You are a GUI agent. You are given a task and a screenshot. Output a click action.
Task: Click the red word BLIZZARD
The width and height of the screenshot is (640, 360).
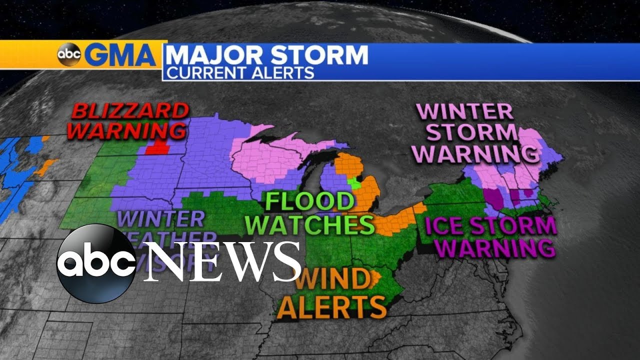coord(130,111)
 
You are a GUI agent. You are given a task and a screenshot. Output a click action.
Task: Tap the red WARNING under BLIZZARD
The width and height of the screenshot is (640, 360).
coord(126,130)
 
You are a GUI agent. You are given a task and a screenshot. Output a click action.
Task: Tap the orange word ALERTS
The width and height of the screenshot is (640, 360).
coord(332,304)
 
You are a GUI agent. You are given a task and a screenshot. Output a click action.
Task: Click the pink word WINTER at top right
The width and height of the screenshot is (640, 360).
coord(465,111)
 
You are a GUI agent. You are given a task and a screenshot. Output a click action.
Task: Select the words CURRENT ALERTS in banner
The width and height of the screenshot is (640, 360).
coord(240,72)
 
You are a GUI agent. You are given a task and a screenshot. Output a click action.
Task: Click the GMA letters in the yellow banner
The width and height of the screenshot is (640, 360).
coord(120,55)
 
